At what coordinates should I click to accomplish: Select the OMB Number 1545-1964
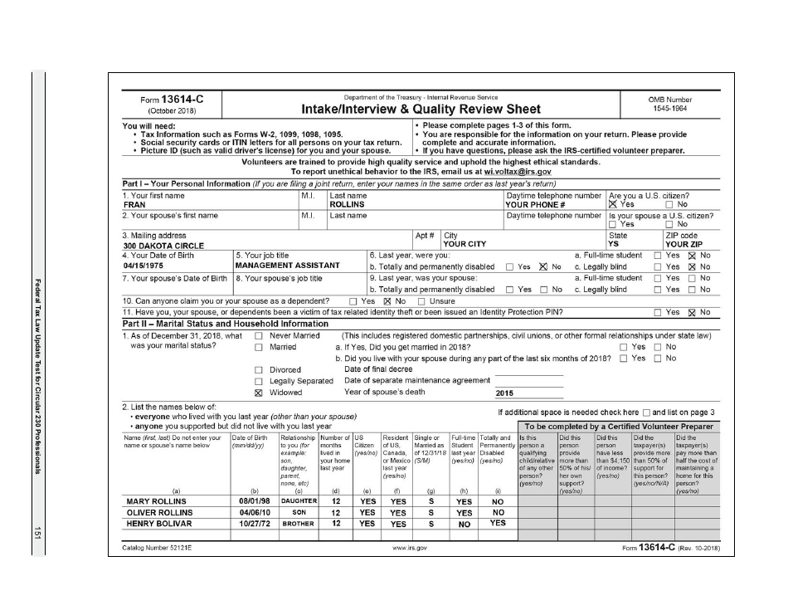[669, 109]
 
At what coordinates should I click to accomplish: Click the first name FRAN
[134, 204]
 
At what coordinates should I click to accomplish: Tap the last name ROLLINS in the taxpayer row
[348, 204]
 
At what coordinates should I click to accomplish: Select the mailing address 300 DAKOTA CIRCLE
[164, 246]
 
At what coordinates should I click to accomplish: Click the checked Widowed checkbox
[258, 393]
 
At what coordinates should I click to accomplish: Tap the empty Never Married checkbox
[258, 335]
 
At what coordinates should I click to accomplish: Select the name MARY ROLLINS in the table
[156, 501]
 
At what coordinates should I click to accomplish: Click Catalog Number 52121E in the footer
[161, 549]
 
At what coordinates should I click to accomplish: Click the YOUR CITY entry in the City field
[465, 245]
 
